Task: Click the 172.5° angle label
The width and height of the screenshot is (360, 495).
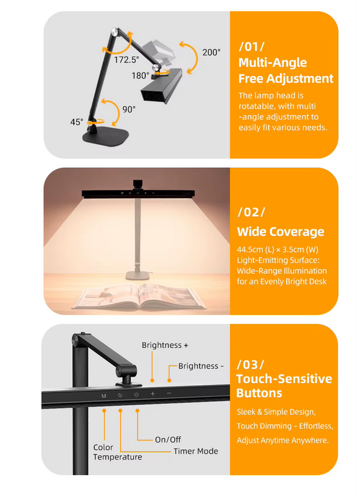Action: tap(127, 60)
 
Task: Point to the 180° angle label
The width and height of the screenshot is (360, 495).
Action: tap(140, 75)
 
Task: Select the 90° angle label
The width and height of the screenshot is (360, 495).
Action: tap(129, 109)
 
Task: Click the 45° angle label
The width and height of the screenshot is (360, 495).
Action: tap(76, 122)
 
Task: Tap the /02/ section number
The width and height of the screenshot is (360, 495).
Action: tap(251, 213)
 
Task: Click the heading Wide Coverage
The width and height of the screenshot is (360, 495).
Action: tap(280, 231)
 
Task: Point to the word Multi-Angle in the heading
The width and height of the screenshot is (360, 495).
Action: tap(273, 63)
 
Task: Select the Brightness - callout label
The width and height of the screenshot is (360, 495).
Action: tap(201, 366)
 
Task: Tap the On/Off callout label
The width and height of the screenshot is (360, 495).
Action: tap(168, 440)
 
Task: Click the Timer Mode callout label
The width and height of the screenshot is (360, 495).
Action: tap(195, 451)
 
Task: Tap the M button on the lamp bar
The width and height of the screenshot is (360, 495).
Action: tap(104, 395)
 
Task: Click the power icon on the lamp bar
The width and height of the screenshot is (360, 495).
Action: tap(136, 394)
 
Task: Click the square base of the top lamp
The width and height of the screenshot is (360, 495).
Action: tap(106, 135)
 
